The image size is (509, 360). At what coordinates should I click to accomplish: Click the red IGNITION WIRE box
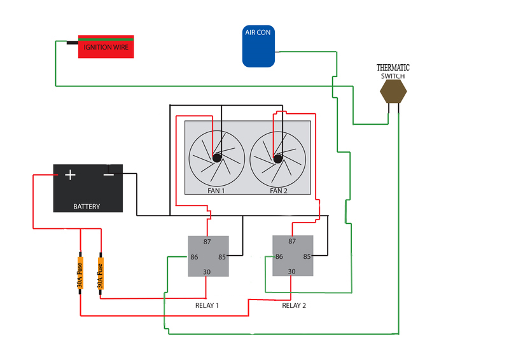point(106,46)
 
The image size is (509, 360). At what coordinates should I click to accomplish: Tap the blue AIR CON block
point(258,46)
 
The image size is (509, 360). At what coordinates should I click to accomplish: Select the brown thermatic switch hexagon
point(393,92)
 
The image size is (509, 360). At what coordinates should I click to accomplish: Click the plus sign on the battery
point(70,175)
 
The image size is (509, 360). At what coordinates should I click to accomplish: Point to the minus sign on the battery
point(109,176)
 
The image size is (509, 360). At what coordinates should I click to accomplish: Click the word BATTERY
point(87,207)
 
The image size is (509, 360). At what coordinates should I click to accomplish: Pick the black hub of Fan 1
point(217,158)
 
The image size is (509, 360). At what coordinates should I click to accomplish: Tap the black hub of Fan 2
point(278,159)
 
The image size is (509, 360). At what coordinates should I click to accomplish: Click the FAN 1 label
point(216,191)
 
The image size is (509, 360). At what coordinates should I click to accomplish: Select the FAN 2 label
point(279,191)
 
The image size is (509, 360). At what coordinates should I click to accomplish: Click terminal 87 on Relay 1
point(207,242)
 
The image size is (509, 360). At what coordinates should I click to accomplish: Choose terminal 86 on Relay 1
point(194,257)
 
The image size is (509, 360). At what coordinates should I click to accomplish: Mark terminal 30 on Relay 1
point(207,272)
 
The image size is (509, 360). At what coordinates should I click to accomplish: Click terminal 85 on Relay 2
point(307,256)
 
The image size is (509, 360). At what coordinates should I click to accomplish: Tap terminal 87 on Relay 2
point(292,241)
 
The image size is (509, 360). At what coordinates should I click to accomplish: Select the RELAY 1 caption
point(207,305)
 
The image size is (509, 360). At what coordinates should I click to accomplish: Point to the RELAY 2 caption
point(294,305)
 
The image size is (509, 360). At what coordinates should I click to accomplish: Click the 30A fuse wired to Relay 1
point(101,273)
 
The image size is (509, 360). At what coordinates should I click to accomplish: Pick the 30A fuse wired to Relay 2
point(80,273)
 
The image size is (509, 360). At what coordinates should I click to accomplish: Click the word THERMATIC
point(393,67)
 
